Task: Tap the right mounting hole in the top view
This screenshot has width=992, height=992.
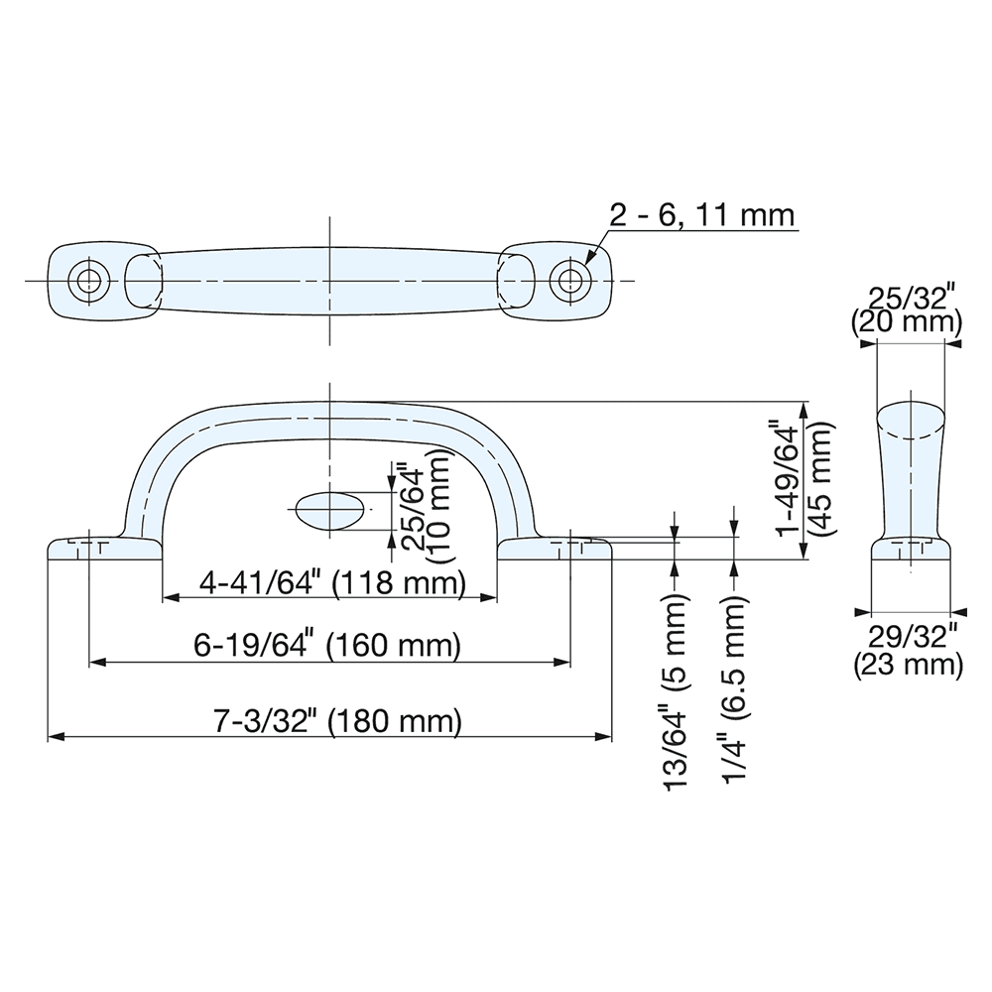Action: (569, 280)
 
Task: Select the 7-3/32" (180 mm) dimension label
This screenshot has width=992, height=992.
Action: (338, 721)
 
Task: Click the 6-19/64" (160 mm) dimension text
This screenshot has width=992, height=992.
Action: (328, 647)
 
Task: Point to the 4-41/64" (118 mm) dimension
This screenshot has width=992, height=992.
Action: (331, 583)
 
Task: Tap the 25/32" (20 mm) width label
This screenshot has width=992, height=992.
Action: (908, 309)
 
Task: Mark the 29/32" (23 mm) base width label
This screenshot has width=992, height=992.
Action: (908, 651)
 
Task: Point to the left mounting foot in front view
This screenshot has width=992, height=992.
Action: (104, 548)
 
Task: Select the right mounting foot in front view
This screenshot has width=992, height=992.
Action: (556, 548)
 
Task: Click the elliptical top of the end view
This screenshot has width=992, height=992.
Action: (911, 421)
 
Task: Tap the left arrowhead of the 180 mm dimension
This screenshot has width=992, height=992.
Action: (56, 736)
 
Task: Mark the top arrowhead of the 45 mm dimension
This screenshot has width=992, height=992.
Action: (806, 408)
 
